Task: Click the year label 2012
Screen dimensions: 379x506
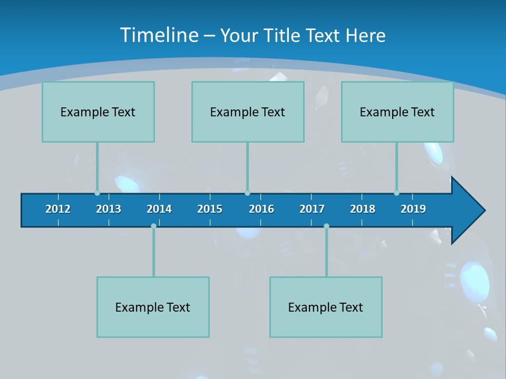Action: pyautogui.click(x=58, y=209)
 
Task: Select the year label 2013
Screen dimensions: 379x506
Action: pyautogui.click(x=109, y=209)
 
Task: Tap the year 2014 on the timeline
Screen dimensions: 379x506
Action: pyautogui.click(x=159, y=209)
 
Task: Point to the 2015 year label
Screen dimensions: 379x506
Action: pyautogui.click(x=210, y=209)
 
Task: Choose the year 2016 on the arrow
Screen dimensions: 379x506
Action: pyautogui.click(x=261, y=209)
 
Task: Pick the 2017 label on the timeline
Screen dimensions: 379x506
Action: pyautogui.click(x=312, y=209)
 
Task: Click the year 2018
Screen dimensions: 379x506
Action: pyautogui.click(x=363, y=209)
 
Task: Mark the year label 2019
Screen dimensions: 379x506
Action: pyautogui.click(x=413, y=209)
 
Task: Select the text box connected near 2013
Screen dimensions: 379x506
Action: pyautogui.click(x=98, y=112)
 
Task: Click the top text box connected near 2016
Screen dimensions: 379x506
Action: pyautogui.click(x=248, y=112)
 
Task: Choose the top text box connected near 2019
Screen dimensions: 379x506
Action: pyautogui.click(x=397, y=112)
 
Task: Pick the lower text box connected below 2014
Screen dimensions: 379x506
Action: pyautogui.click(x=153, y=307)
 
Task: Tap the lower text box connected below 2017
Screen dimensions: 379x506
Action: pyautogui.click(x=326, y=307)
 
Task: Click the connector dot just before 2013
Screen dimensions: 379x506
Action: pyautogui.click(x=97, y=193)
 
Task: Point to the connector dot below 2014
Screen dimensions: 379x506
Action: pyautogui.click(x=153, y=226)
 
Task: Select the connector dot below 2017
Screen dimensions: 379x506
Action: pyautogui.click(x=326, y=226)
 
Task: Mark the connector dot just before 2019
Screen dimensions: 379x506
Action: pyautogui.click(x=396, y=193)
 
